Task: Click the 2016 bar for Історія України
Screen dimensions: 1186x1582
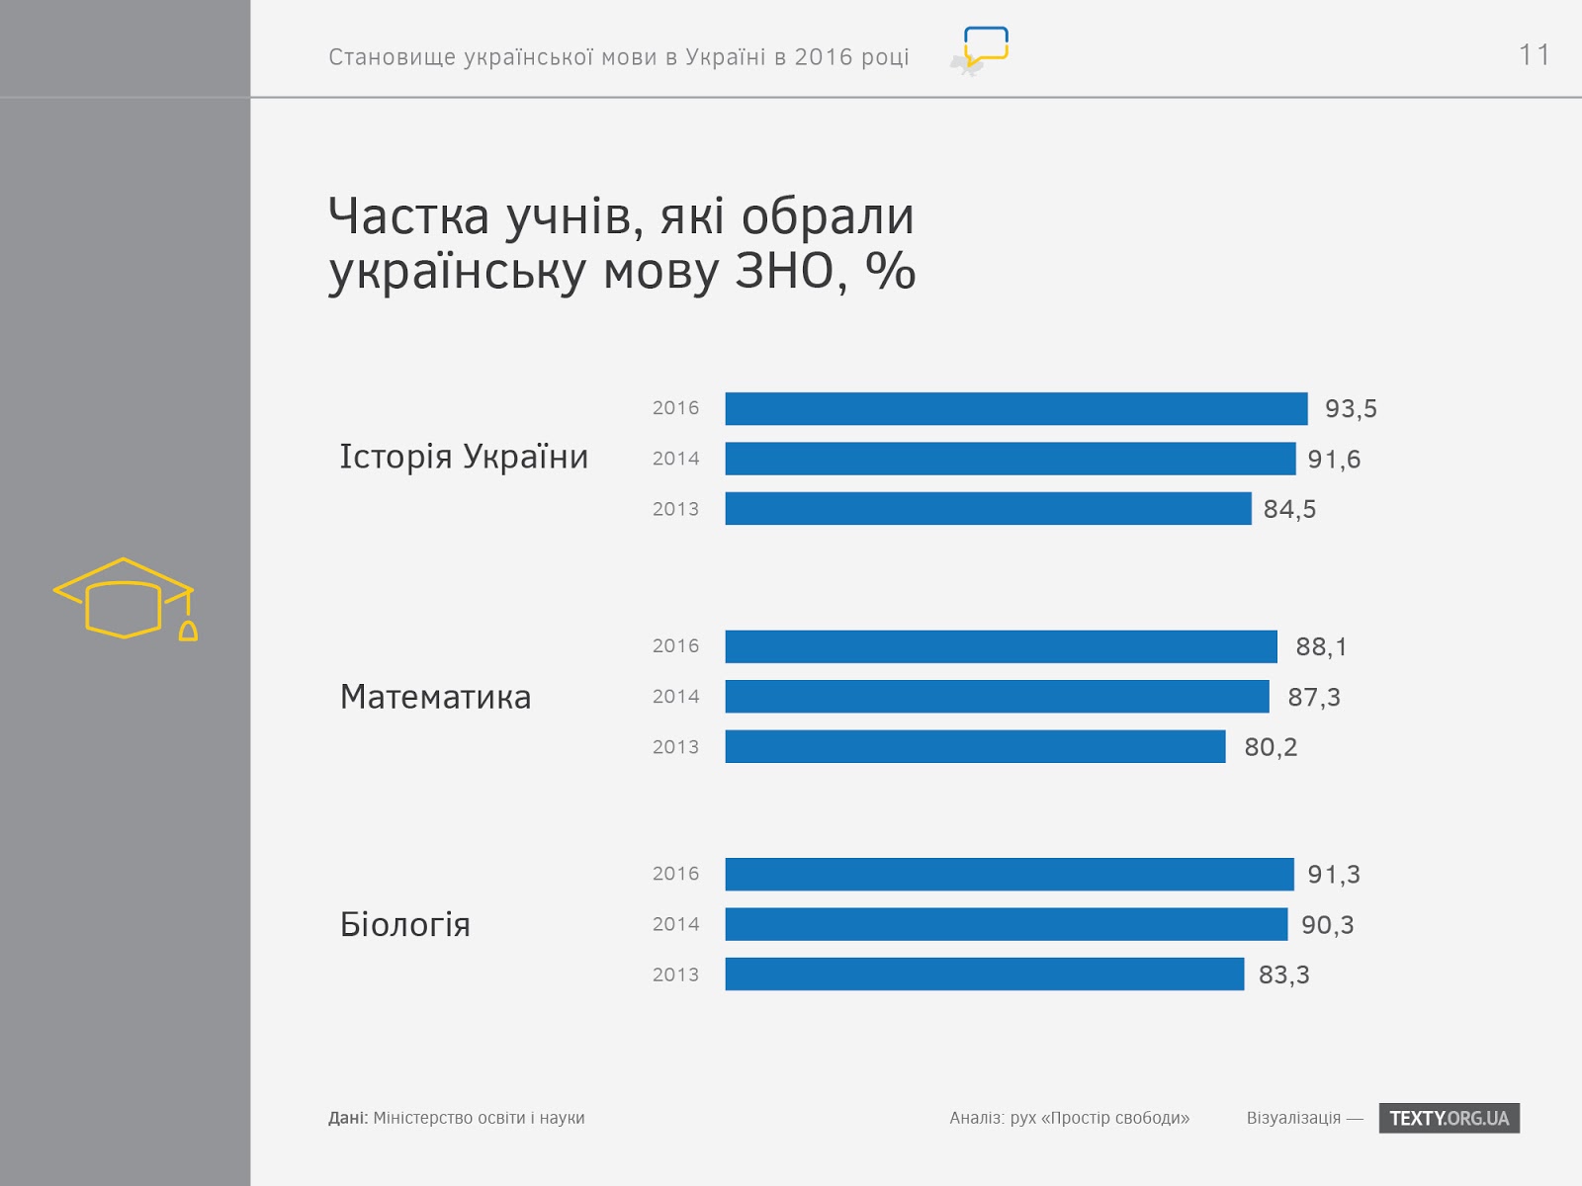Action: click(x=1016, y=408)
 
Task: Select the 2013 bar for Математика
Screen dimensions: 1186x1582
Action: click(x=975, y=746)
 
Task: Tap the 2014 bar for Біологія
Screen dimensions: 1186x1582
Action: click(x=1007, y=924)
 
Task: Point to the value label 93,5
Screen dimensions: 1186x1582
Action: click(x=1351, y=409)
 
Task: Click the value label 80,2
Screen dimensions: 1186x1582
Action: click(x=1271, y=747)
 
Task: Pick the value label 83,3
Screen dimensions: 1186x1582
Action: click(x=1283, y=975)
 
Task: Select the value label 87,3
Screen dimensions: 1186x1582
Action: click(x=1314, y=698)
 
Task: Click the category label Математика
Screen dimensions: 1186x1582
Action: click(x=435, y=697)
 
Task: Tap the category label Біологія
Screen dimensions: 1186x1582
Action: click(x=405, y=925)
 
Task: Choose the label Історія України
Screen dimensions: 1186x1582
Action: click(x=464, y=457)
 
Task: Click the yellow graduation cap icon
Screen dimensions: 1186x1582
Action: click(x=125, y=599)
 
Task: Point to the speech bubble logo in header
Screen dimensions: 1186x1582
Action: click(x=985, y=47)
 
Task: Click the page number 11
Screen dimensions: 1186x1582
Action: click(x=1534, y=55)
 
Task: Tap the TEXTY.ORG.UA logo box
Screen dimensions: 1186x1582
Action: click(x=1449, y=1118)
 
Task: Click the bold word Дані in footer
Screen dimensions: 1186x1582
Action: click(x=347, y=1118)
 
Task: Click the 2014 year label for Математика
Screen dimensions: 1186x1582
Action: click(x=675, y=697)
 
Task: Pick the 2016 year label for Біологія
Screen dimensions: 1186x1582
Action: click(x=675, y=874)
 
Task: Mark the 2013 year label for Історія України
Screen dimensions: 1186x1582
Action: click(x=675, y=509)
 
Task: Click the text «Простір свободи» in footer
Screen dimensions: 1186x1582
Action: click(x=1115, y=1118)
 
